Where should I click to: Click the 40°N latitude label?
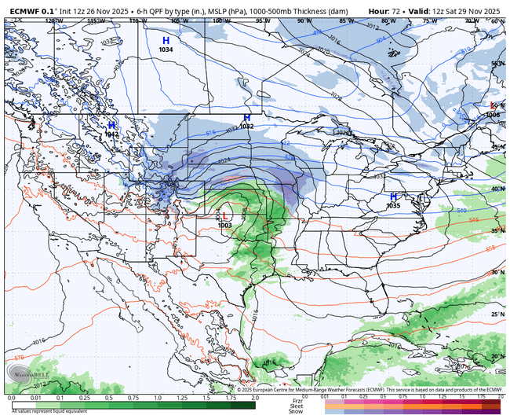pos(497,189)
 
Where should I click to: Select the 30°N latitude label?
pos(497,272)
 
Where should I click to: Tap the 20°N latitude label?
pos(497,356)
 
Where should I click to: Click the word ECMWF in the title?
pos(23,11)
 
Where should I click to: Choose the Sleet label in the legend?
pos(295,405)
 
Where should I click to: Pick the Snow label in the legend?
pos(295,411)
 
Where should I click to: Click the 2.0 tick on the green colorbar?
pos(253,399)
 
